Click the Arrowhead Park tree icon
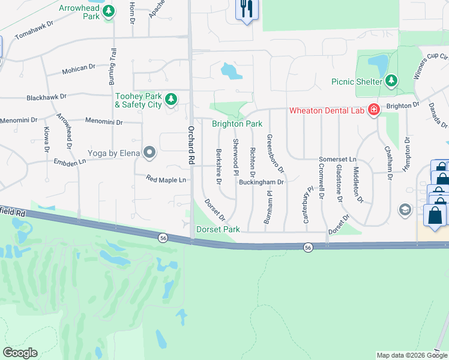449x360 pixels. click(109, 14)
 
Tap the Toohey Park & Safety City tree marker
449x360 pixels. click(171, 98)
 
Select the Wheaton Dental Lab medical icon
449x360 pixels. click(373, 110)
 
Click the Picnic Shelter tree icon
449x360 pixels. click(391, 80)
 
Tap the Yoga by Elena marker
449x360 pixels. click(149, 153)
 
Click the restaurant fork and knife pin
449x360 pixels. click(246, 9)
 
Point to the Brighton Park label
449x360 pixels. click(237, 124)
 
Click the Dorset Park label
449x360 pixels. click(218, 229)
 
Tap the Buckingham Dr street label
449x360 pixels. click(261, 181)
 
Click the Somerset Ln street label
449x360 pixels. click(337, 160)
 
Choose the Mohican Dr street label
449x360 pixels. click(79, 71)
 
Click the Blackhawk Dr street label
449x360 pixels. click(46, 97)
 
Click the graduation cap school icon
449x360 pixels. click(405, 209)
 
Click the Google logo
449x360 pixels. click(20, 353)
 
